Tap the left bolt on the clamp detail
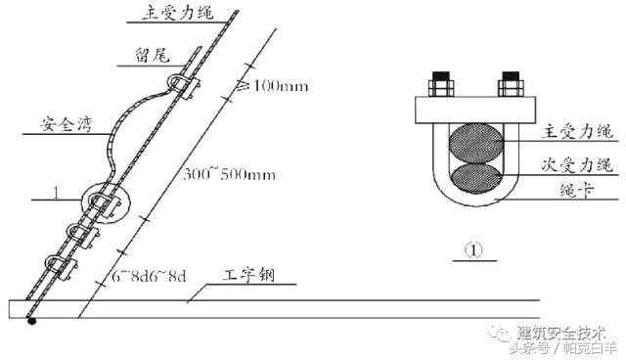pos(436,86)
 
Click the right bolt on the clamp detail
pos(510,86)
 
